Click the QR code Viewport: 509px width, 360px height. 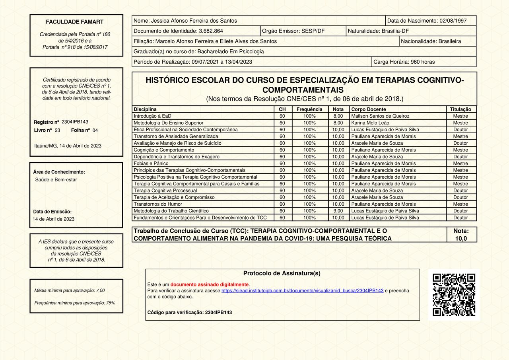tap(454, 295)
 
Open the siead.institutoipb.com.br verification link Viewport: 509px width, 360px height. tap(302, 291)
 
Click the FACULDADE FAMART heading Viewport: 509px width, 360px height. tap(74, 22)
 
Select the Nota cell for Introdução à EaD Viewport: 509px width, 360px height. tap(338, 116)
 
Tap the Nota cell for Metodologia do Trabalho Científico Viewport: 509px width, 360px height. tap(338, 211)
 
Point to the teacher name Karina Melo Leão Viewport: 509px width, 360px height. tap(370, 123)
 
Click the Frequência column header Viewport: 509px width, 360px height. tap(309, 109)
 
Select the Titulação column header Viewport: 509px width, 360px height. tap(460, 109)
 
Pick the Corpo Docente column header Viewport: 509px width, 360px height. tap(369, 109)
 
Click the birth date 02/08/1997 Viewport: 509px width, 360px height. tap(453, 21)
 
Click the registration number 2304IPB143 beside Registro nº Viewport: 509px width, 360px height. tap(75, 122)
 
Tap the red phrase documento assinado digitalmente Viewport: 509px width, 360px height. tap(210, 284)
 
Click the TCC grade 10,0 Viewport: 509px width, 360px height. tap(461, 238)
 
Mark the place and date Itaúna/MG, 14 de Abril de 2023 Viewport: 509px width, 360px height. tap(68, 146)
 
